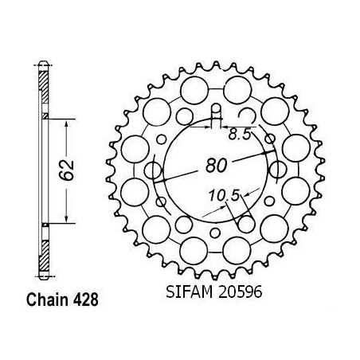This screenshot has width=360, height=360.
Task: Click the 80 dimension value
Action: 217,165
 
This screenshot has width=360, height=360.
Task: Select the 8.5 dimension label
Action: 240,135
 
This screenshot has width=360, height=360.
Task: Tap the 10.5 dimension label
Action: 224,196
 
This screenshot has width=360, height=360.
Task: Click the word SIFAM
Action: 190,292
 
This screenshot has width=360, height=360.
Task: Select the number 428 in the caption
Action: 85,299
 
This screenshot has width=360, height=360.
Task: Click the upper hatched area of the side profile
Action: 44,88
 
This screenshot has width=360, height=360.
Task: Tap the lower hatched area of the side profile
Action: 44,256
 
